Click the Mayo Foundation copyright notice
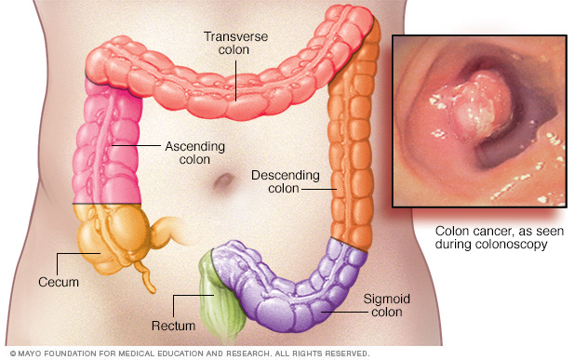[x=186, y=353]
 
